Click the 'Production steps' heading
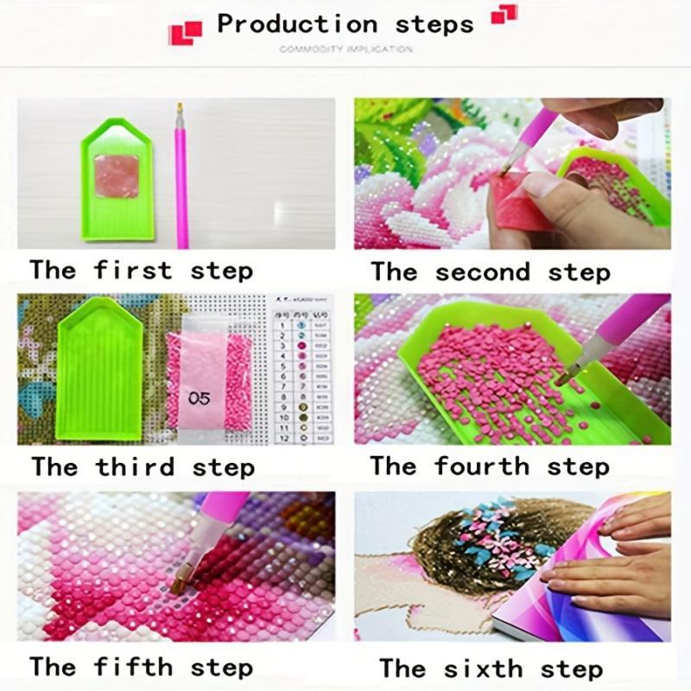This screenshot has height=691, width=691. click(x=345, y=23)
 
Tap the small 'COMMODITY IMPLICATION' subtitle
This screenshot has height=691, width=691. click(x=345, y=49)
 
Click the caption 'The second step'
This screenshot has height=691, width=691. click(x=490, y=272)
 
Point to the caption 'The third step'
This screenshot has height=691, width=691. click(x=143, y=467)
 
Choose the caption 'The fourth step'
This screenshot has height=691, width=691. click(x=490, y=466)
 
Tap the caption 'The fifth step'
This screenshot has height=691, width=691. click(x=141, y=667)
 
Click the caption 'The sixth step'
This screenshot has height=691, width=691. click(x=490, y=668)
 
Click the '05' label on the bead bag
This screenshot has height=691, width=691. click(x=200, y=397)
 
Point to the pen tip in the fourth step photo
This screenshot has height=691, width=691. click(x=565, y=377)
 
